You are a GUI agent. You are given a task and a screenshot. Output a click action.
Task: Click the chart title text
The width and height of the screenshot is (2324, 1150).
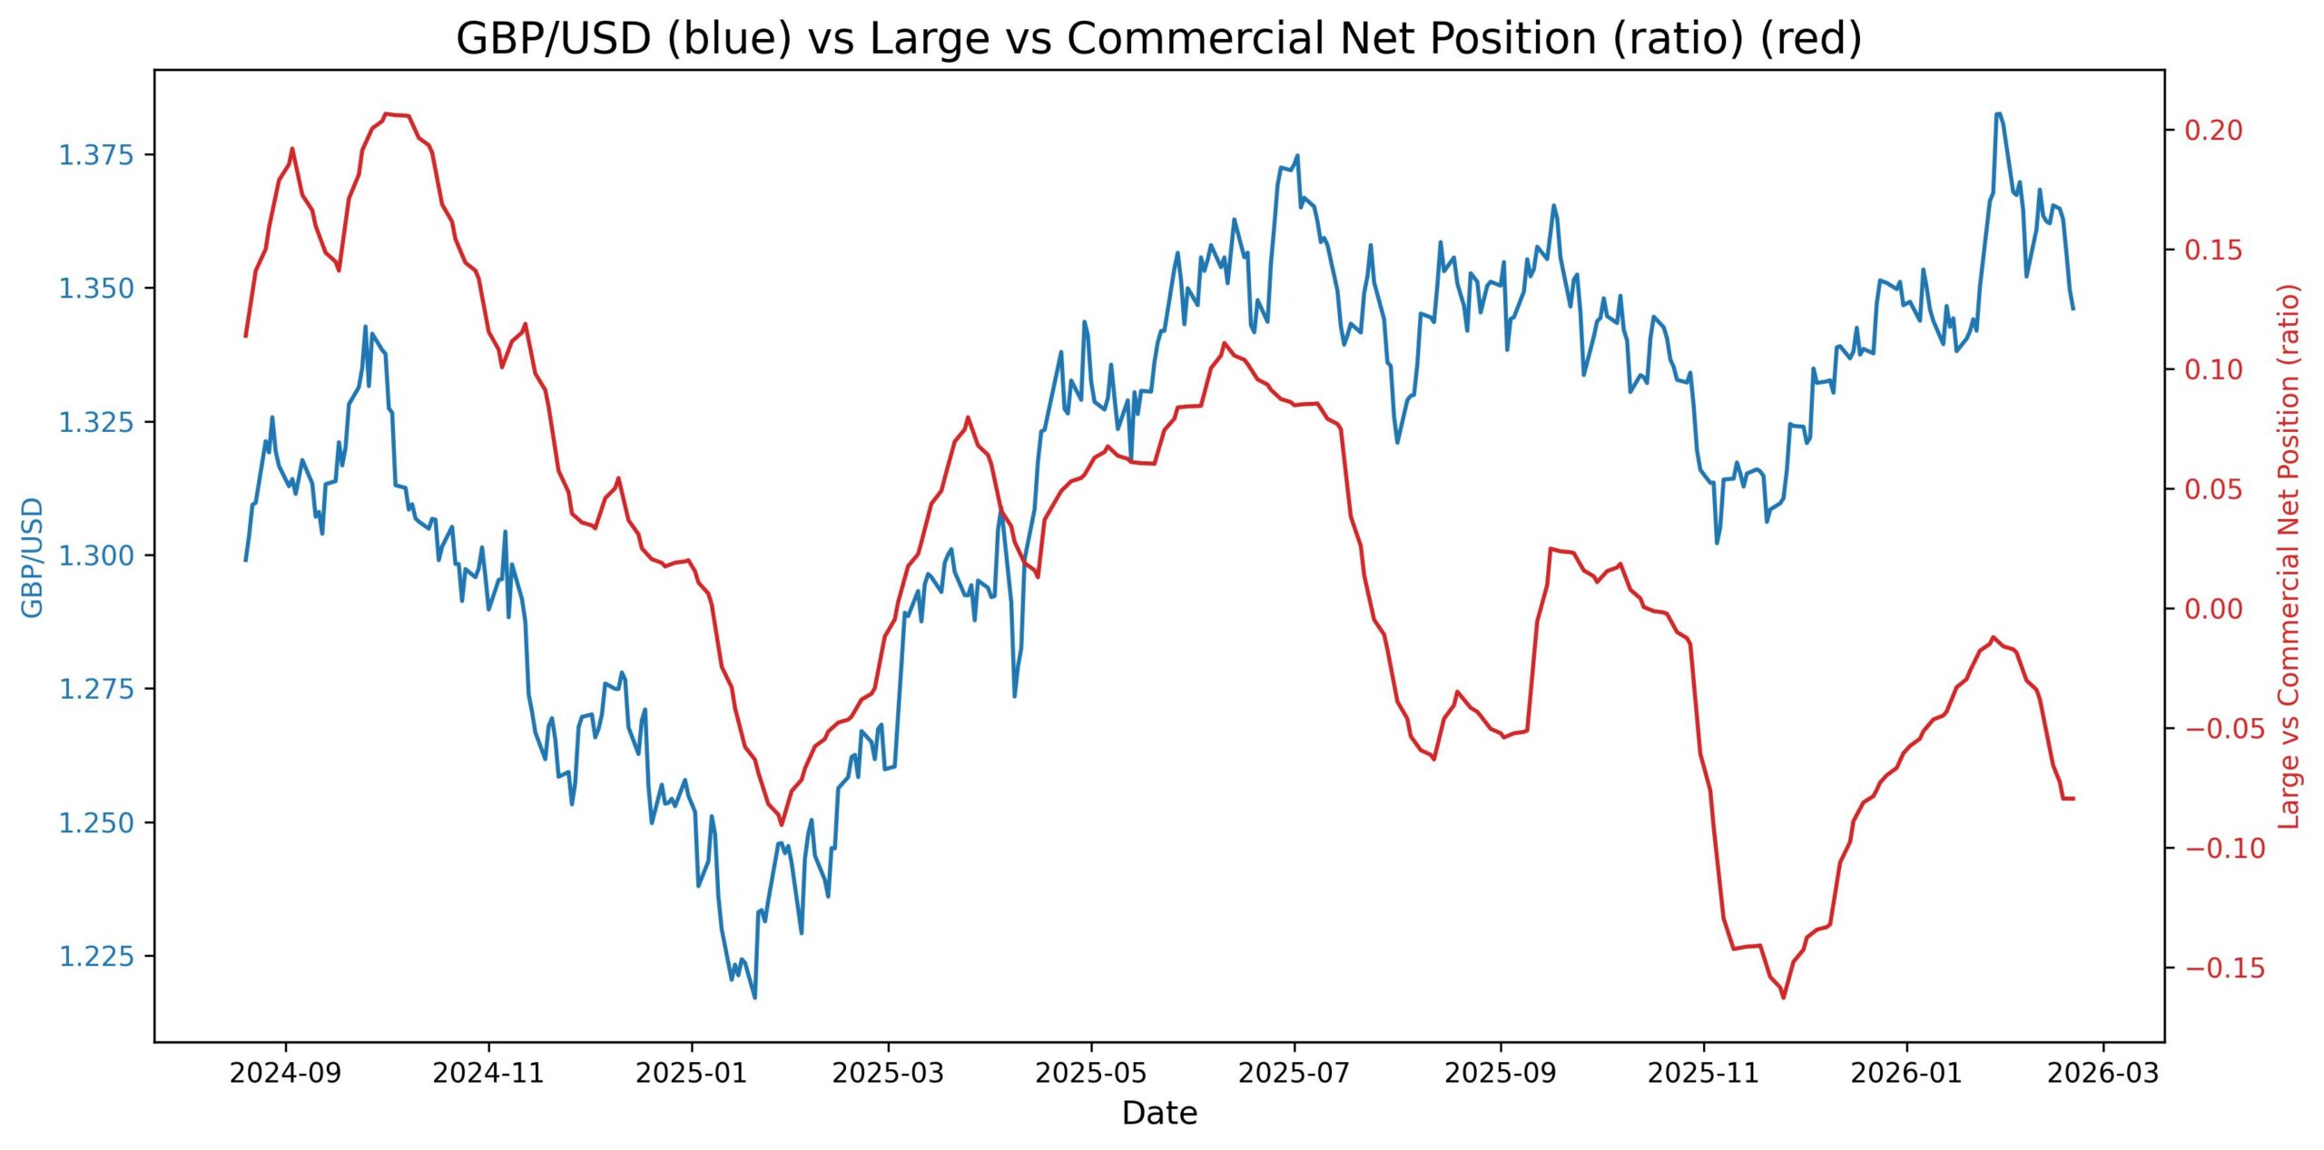pyautogui.click(x=1158, y=39)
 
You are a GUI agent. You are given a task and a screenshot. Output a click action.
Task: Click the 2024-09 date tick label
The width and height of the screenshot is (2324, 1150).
pyautogui.click(x=285, y=1073)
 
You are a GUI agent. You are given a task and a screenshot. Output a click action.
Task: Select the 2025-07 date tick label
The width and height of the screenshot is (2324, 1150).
pyautogui.click(x=1294, y=1073)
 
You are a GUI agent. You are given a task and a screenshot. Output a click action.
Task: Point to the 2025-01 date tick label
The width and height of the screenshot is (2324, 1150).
pyautogui.click(x=692, y=1073)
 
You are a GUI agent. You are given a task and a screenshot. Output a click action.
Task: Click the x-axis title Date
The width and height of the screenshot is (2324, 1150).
pyautogui.click(x=1158, y=1113)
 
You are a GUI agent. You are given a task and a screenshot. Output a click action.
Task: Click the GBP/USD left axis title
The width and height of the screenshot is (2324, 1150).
pyautogui.click(x=33, y=556)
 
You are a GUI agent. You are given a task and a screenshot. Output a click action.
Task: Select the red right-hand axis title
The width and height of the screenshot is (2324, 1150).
pyautogui.click(x=2290, y=556)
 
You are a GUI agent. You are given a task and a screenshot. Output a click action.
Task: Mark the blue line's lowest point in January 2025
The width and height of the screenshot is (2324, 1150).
pyautogui.click(x=754, y=998)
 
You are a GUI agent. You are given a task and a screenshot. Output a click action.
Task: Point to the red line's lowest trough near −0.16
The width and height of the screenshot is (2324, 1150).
pyautogui.click(x=1783, y=998)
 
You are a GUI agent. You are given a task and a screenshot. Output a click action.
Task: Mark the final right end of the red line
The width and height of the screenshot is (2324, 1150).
pyautogui.click(x=2073, y=798)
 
